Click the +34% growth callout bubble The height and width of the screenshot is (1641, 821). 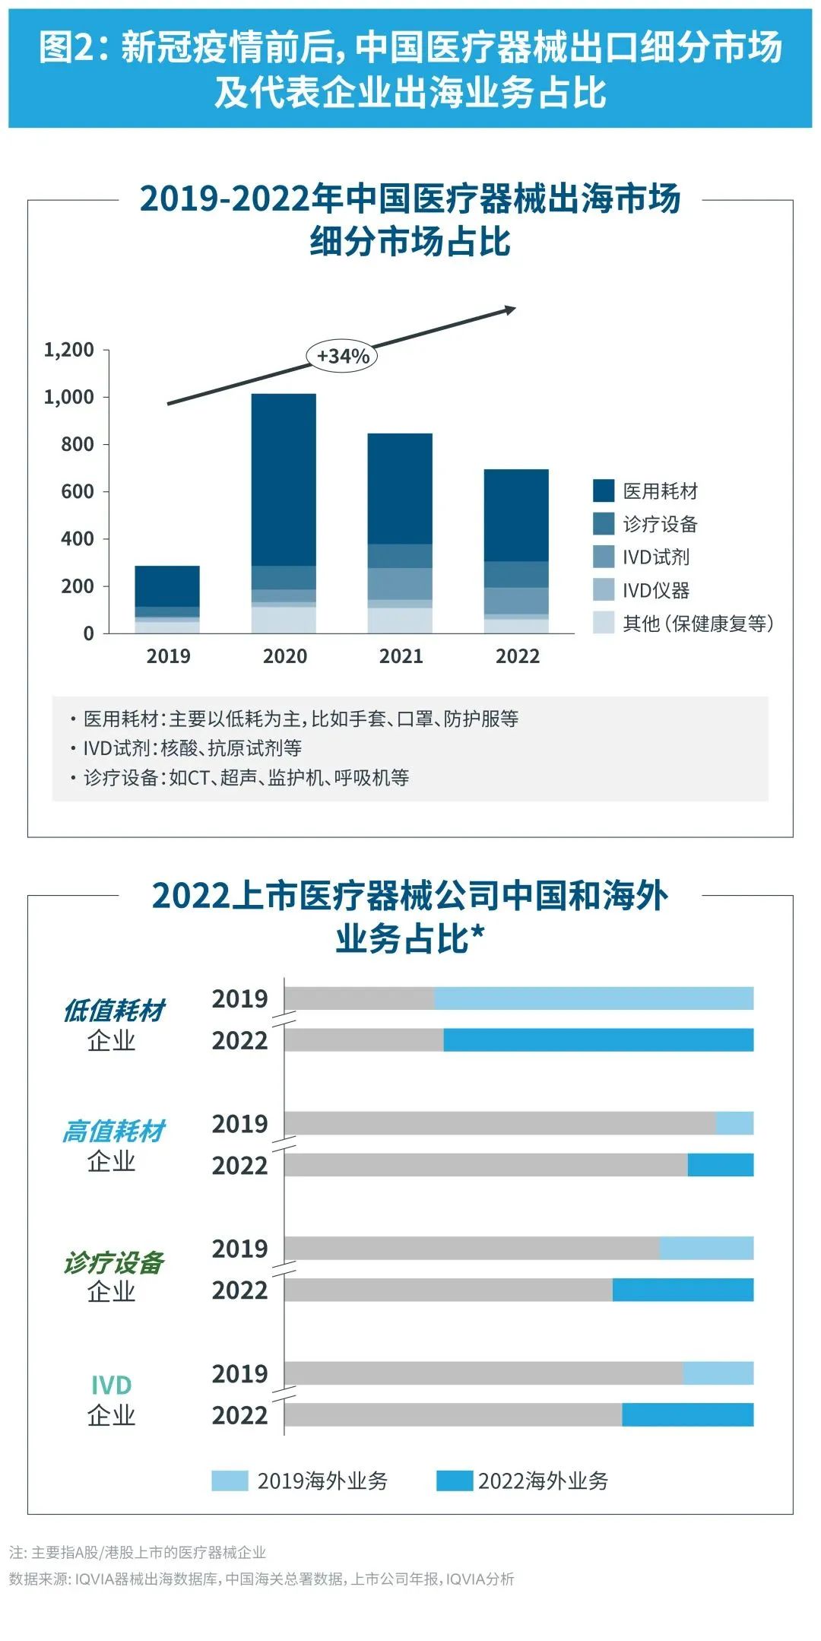(342, 356)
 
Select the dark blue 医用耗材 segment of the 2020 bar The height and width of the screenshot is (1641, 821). (284, 479)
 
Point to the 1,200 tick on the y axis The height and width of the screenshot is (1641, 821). (69, 350)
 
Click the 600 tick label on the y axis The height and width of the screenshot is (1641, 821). (78, 492)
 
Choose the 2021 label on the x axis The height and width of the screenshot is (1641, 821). (401, 656)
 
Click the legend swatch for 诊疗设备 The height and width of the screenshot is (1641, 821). (604, 524)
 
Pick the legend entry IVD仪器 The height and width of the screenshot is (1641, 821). (655, 590)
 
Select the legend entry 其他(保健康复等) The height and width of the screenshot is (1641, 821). (697, 624)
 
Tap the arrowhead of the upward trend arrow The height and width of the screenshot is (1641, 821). (511, 309)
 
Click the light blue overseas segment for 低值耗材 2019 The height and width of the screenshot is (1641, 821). (593, 998)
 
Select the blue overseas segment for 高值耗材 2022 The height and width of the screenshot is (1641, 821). (720, 1165)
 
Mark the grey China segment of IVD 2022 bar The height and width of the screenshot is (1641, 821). (453, 1415)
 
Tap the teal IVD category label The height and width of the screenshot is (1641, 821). (111, 1385)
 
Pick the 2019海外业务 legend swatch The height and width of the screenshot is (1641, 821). (230, 1481)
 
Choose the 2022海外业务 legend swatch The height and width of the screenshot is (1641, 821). (455, 1481)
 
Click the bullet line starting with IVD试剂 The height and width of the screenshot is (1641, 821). (192, 748)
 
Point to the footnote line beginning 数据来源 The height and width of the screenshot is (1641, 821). (262, 1579)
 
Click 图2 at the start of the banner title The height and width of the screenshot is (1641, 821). (67, 47)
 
